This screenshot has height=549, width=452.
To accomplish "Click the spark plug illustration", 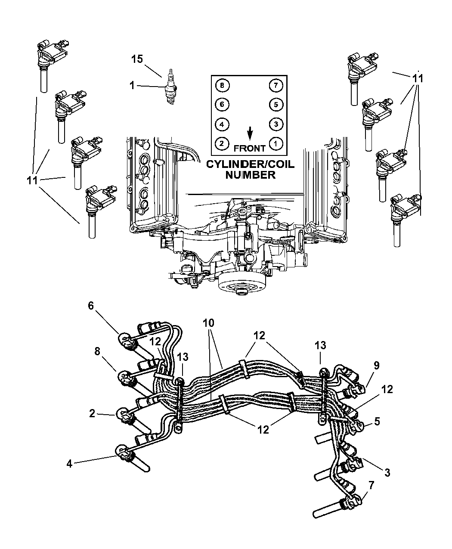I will pos(172,86).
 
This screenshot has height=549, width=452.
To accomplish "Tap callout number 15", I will pos(137,59).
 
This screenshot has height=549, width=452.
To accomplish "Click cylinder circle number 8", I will pos(222,85).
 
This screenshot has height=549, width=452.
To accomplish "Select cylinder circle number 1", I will pos(275,143).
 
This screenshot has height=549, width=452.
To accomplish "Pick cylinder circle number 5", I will pos(275,104).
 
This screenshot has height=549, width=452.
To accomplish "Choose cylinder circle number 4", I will pos(222,124).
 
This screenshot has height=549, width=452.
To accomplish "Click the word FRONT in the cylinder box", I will pos(250,148).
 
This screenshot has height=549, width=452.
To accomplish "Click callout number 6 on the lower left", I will pos(90,305).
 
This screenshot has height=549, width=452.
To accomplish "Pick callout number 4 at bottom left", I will pos(69,464).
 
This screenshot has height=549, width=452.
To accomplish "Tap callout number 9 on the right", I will pos(376,366).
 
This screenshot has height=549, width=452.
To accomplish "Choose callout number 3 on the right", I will pos(387,473).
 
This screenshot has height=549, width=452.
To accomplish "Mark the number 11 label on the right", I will pos(418,79).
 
